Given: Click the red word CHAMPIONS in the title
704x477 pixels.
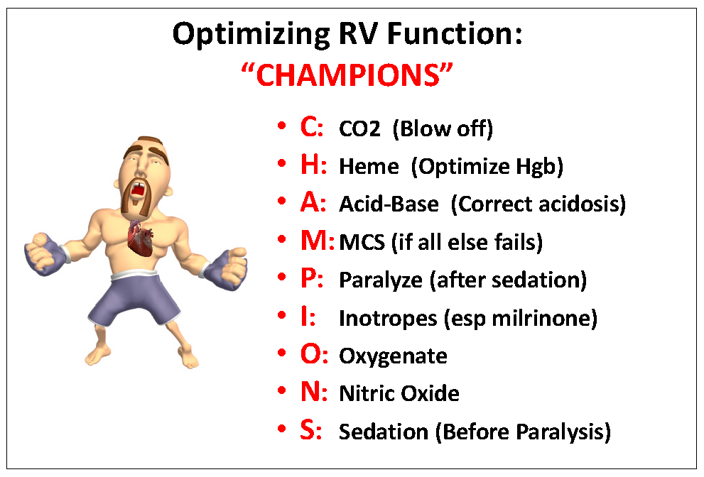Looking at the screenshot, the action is coord(347,75).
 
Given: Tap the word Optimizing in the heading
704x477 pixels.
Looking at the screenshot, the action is coord(251,35).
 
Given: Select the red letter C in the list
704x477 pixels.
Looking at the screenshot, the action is coord(309,127).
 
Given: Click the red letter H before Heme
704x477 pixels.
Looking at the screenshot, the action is coord(310,165).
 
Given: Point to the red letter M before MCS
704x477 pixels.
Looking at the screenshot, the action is coord(314,241).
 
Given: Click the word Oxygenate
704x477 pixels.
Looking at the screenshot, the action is coord(393,357).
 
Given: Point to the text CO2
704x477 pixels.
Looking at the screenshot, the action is coord(359,128).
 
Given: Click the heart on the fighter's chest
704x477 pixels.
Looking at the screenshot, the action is coord(140,238).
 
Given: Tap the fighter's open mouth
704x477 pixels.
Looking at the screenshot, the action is coord(137,190).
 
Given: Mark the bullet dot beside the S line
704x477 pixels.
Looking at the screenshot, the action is coord(281,429).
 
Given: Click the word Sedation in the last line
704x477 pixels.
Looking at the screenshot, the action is coord(384,432).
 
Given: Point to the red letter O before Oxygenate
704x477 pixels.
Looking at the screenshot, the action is coord(310,354).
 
